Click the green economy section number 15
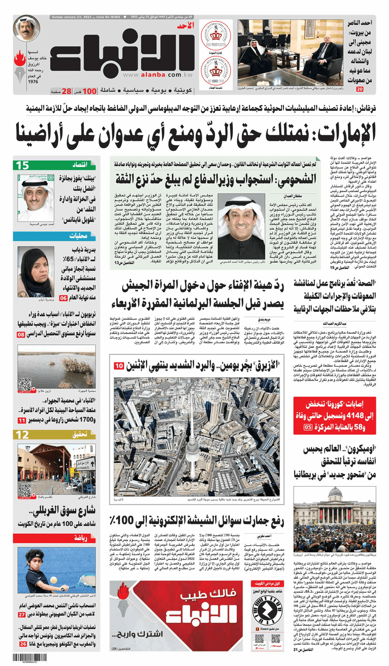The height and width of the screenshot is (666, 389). (x=24, y=165)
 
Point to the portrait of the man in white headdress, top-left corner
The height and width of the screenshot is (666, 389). (x=27, y=29)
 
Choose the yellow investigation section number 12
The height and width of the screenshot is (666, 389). (x=23, y=435)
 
